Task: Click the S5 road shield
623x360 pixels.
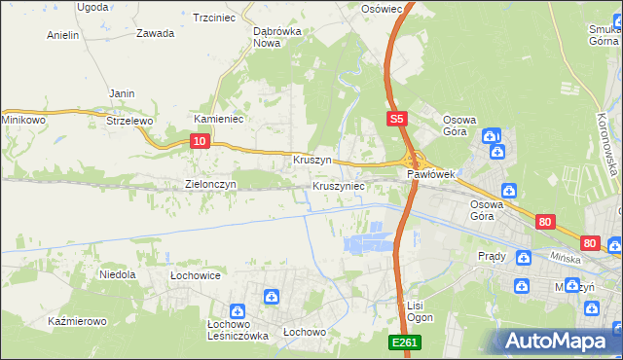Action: (394, 119)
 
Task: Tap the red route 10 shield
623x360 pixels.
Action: (199, 141)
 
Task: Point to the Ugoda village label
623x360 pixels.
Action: (92, 7)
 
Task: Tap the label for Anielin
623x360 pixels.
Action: (62, 35)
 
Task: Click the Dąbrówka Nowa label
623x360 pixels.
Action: (274, 36)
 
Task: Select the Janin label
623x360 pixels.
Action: (122, 93)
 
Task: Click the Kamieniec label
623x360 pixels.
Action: (218, 119)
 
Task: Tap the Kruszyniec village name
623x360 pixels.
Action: (339, 185)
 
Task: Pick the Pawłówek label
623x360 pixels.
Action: (431, 174)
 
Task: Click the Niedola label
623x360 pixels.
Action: (117, 275)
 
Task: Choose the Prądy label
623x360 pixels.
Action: (492, 256)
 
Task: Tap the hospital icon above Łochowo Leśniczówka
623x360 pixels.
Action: (272, 296)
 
